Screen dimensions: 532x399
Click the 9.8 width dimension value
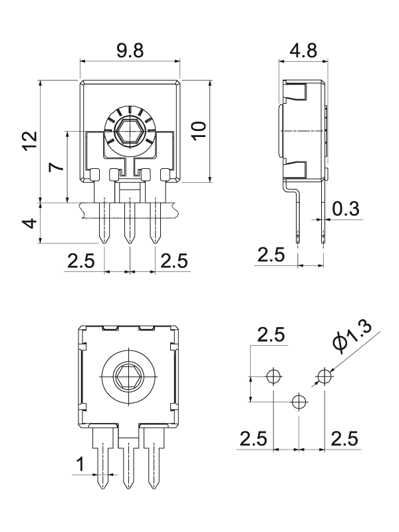pos(129,51)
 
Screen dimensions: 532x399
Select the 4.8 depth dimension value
pos(304,51)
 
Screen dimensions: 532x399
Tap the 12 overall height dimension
pos(29,141)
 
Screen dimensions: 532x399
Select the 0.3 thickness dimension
pos(346,209)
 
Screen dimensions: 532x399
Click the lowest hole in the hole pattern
pos(298,401)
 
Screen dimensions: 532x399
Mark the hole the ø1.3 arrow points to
pos(324,376)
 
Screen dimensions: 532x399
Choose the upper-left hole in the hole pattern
pos(272,376)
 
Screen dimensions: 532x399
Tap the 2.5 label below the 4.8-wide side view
pos(271,254)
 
